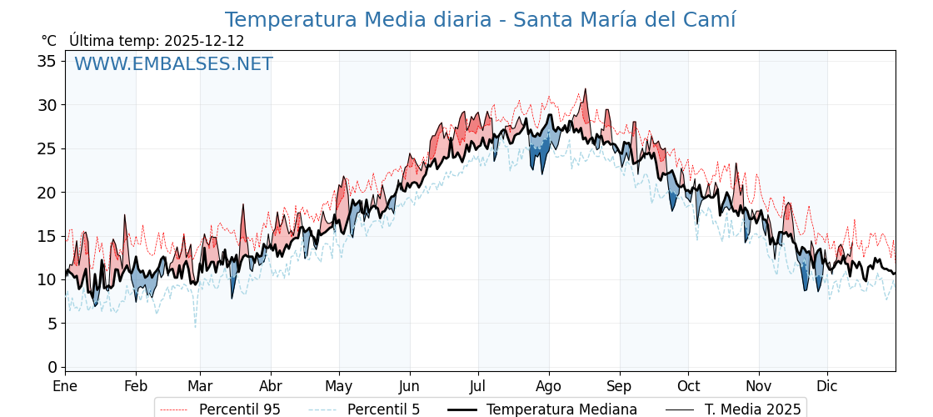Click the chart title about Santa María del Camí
coord(480,20)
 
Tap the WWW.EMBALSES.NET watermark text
coord(173,64)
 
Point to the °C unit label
coord(48,41)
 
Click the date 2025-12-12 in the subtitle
coord(204,41)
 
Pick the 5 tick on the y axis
coord(52,323)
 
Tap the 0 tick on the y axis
coord(52,367)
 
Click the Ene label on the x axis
coord(65,386)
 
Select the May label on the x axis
coord(339,386)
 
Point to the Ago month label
coord(548,386)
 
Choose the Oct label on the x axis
coord(688,386)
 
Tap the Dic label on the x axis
coord(827,386)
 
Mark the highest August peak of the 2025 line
coord(585,89)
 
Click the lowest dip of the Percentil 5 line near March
coord(196,327)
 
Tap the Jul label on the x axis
coord(478,386)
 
